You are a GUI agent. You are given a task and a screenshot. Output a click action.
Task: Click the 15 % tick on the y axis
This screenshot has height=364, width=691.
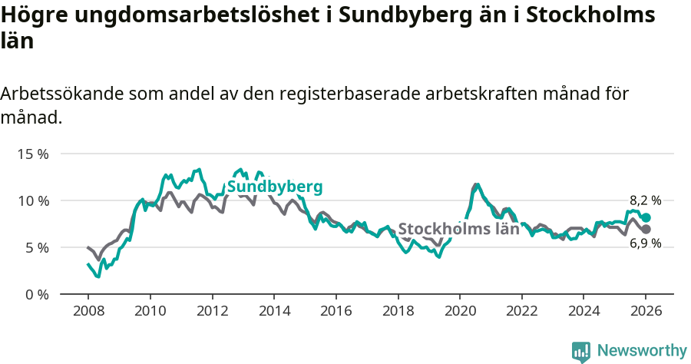pyautogui.click(x=33, y=154)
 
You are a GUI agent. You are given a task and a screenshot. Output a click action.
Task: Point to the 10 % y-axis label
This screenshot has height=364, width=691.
pyautogui.click(x=33, y=200)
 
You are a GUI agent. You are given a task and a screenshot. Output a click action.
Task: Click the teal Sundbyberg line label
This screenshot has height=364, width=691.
pyautogui.click(x=275, y=187)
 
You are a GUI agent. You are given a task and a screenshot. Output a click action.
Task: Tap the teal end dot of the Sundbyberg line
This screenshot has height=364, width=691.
pyautogui.click(x=646, y=217)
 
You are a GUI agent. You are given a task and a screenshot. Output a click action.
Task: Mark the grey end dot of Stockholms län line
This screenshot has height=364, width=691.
pyautogui.click(x=646, y=230)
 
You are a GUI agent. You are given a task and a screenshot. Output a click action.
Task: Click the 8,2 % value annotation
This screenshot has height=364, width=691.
pyautogui.click(x=646, y=200)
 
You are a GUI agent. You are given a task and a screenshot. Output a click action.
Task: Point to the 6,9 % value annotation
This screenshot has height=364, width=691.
pyautogui.click(x=646, y=244)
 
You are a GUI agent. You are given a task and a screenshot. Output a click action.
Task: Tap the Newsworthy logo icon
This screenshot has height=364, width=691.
pyautogui.click(x=581, y=351)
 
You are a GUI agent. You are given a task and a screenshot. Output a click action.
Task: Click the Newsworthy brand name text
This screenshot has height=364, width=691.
pyautogui.click(x=642, y=351)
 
